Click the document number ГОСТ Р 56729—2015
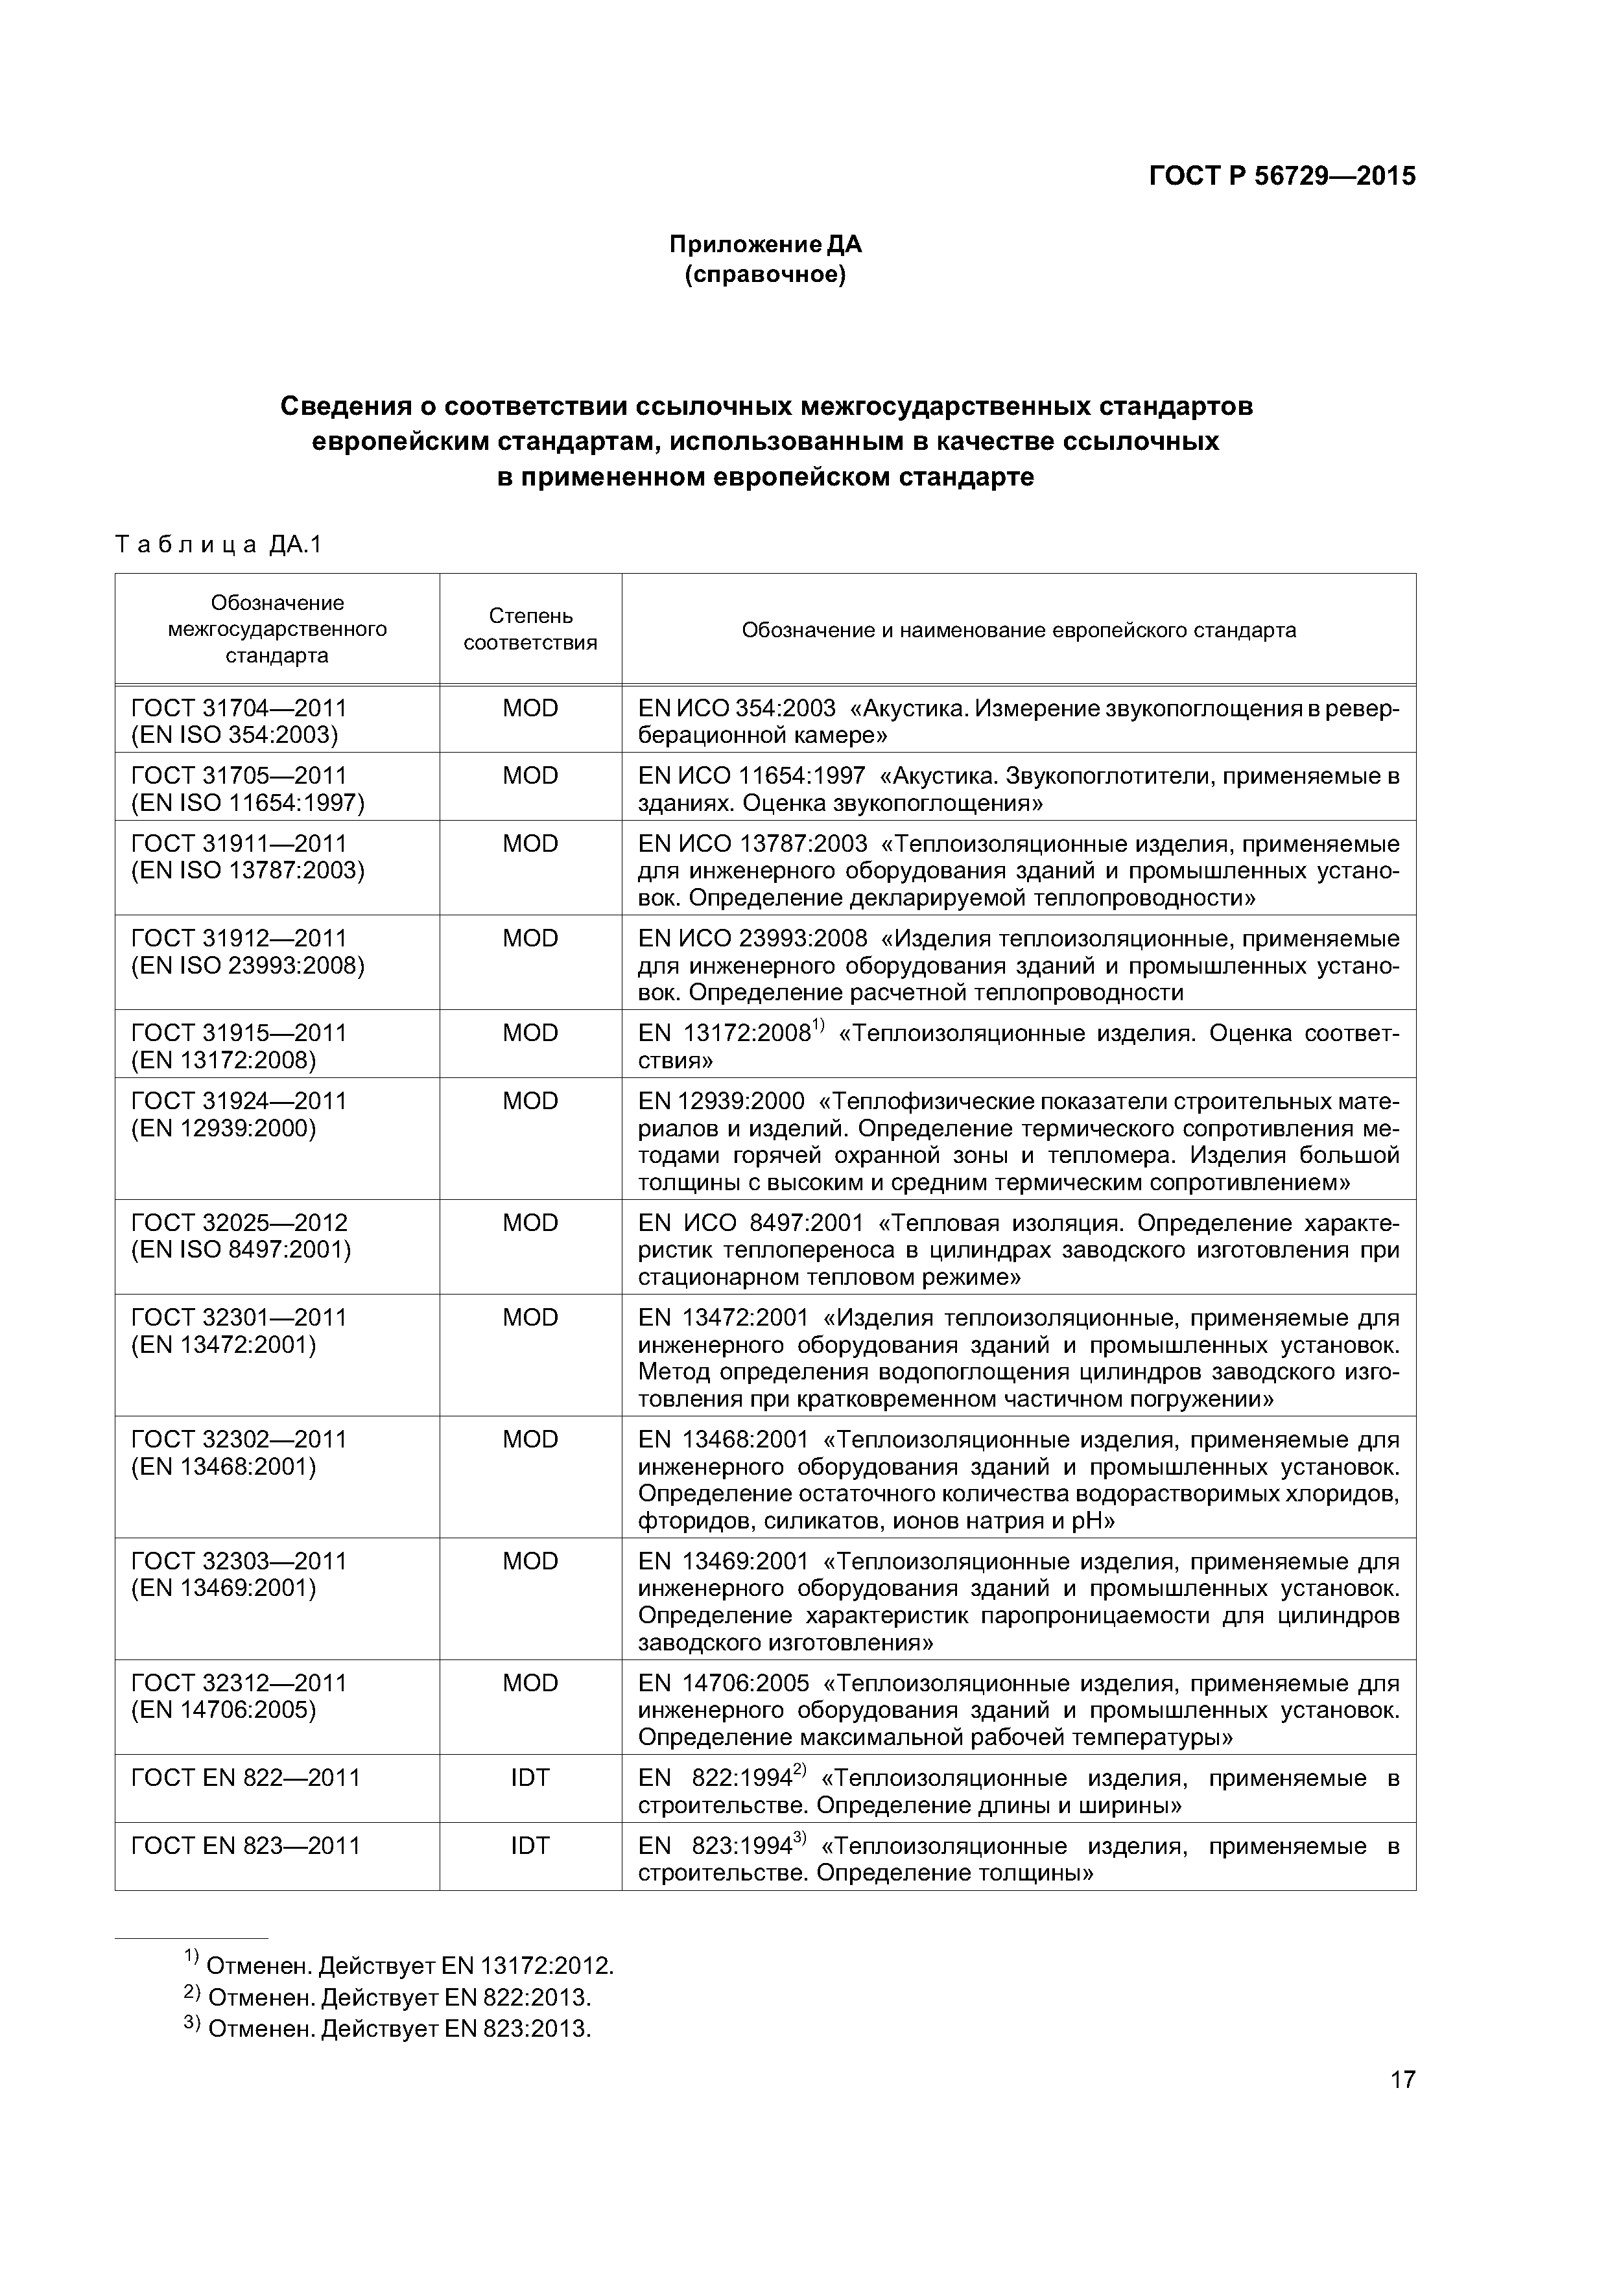coord(1282,176)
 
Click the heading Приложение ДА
coord(765,244)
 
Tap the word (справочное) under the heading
coord(765,274)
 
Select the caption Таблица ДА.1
coord(219,545)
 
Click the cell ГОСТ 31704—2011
coord(239,708)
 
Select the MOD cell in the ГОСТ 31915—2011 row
coord(530,1033)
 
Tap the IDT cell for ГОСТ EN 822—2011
coord(530,1778)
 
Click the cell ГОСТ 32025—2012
coord(239,1223)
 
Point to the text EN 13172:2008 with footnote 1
coord(728,1034)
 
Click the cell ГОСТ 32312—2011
coord(239,1683)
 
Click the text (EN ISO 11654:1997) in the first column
coord(248,803)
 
